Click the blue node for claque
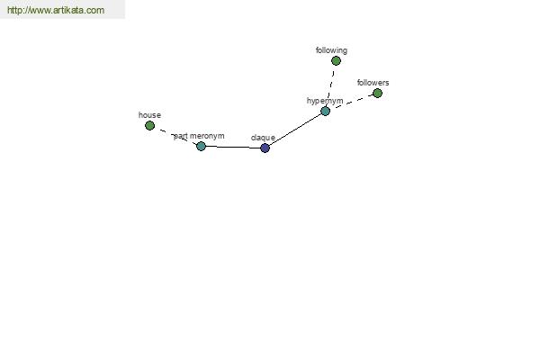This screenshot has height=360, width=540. tap(265, 148)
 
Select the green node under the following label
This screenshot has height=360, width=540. tap(336, 61)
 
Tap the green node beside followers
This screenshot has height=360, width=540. tap(377, 93)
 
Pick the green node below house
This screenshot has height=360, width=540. tap(149, 125)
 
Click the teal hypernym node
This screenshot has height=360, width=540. tap(326, 111)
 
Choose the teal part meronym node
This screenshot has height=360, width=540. tap(201, 146)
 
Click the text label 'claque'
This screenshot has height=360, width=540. tap(263, 138)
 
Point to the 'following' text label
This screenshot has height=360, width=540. tap(331, 50)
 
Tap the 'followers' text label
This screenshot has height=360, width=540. tap(373, 83)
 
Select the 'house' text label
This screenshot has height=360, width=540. tap(149, 115)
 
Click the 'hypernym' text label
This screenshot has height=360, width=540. tap(325, 101)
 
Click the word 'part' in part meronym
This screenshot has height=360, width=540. tap(181, 137)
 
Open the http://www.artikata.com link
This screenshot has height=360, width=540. tap(56, 10)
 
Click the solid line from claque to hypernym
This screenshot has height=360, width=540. tap(295, 130)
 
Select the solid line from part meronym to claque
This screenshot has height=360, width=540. tap(233, 147)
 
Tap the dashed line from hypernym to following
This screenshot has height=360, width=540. tap(331, 85)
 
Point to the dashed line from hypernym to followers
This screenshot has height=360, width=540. tap(351, 102)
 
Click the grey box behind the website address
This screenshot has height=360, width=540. tap(62, 9)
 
